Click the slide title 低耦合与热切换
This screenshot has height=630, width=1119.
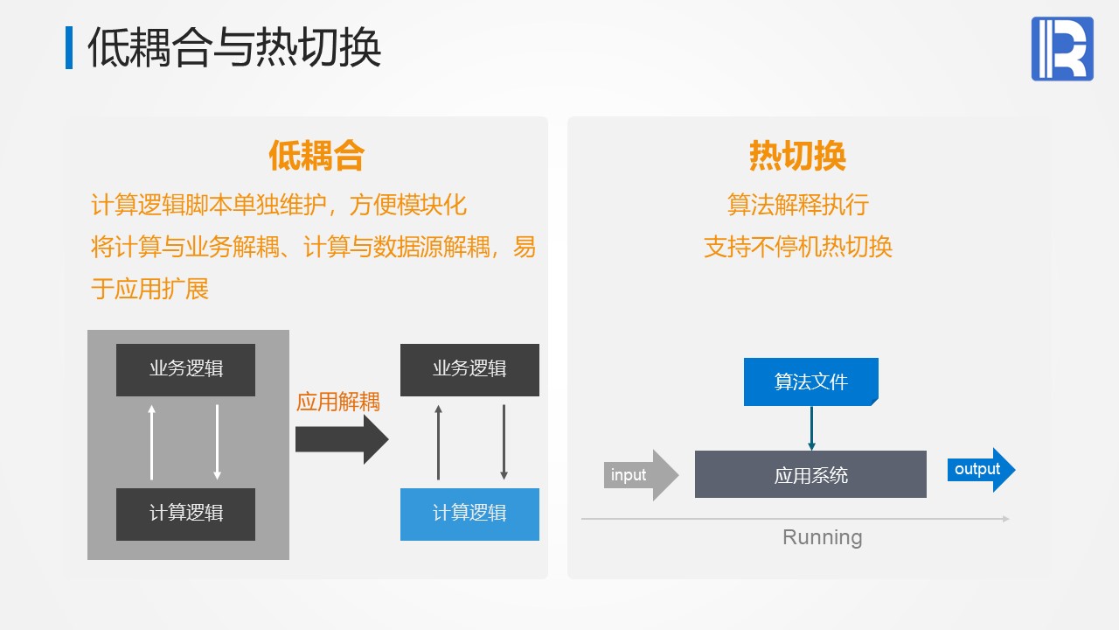click(234, 48)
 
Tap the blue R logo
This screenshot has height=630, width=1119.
click(1062, 49)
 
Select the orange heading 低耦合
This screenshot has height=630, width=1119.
click(316, 157)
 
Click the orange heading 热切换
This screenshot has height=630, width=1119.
click(797, 157)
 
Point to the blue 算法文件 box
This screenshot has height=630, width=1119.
click(810, 381)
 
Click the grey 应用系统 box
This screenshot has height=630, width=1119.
click(810, 475)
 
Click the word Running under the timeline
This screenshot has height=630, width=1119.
click(822, 537)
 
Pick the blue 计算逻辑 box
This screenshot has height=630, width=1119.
click(469, 514)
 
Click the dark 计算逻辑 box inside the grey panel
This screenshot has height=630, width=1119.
click(185, 514)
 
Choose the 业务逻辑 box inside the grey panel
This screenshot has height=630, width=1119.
click(185, 369)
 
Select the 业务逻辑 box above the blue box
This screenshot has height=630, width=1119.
click(469, 369)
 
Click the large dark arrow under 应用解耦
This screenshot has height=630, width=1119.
click(341, 438)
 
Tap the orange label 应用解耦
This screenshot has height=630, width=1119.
click(338, 402)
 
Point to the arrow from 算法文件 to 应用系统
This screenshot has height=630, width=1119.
click(811, 429)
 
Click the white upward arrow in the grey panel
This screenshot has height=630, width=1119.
click(152, 442)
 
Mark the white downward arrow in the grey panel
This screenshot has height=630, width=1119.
click(217, 442)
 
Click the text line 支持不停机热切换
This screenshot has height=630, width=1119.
click(797, 247)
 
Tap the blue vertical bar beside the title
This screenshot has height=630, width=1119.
click(69, 48)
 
